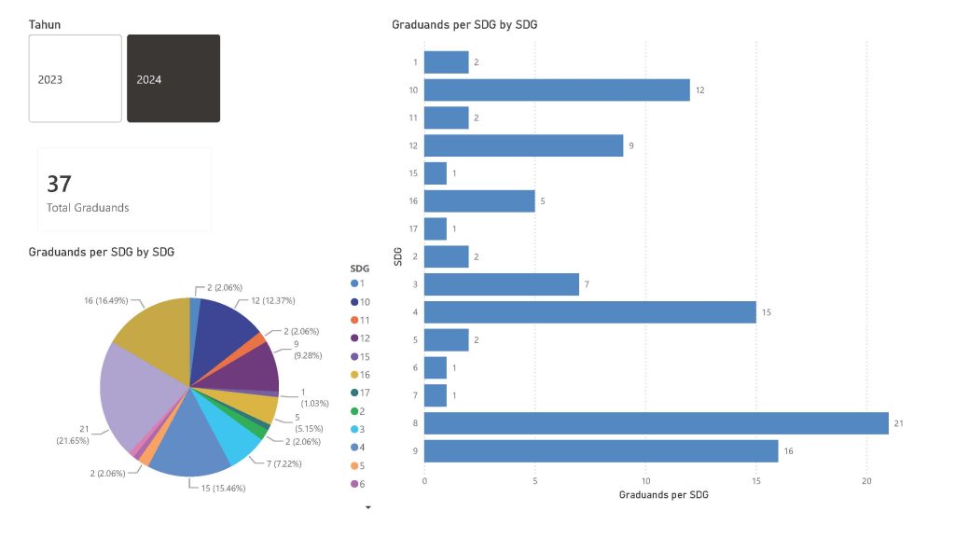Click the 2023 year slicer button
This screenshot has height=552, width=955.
tap(75, 78)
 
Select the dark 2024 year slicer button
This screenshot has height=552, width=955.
tap(173, 78)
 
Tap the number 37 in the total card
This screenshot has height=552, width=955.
tap(59, 184)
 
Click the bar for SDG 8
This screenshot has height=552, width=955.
tap(656, 423)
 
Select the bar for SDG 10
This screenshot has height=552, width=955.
tap(557, 90)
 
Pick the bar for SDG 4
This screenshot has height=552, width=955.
tap(589, 312)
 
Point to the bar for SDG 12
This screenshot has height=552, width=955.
tap(523, 145)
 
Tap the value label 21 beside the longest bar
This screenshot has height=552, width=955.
tap(899, 423)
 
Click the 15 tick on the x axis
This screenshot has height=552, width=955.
tap(755, 481)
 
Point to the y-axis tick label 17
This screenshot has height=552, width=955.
tap(413, 229)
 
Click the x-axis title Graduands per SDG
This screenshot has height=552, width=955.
tap(663, 495)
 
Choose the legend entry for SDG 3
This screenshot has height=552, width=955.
tap(359, 428)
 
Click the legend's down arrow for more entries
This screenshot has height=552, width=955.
tap(367, 508)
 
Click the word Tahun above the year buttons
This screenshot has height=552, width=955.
tap(45, 24)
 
